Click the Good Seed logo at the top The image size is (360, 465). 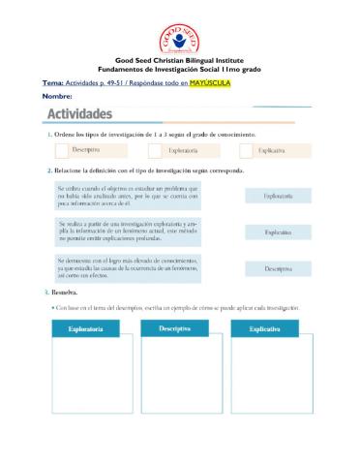(x=181, y=26)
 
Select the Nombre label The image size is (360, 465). (x=58, y=97)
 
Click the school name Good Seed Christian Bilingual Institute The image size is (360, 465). (x=180, y=60)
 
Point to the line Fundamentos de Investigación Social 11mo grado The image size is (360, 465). (x=180, y=68)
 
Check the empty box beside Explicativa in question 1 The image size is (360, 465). (x=245, y=151)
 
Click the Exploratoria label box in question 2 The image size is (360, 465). (x=279, y=195)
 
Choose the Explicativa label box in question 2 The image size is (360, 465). (x=279, y=232)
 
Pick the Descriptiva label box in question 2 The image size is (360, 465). (x=279, y=268)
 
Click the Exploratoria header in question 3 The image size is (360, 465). (x=84, y=330)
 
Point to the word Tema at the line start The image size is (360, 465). (x=53, y=84)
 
